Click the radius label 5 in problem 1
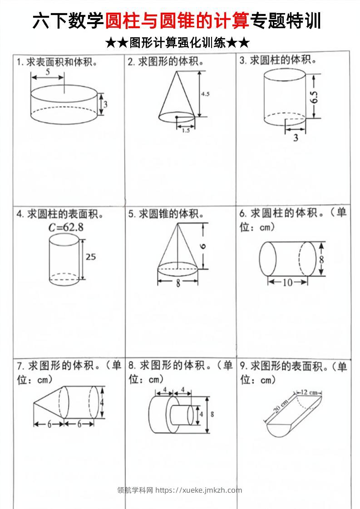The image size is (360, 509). (48, 72)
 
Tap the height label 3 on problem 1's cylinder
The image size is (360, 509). (105, 104)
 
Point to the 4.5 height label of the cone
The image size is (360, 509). (205, 94)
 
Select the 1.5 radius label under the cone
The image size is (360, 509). (186, 131)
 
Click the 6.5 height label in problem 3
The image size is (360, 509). (314, 97)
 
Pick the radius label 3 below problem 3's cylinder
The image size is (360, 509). (296, 138)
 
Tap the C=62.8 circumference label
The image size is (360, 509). (66, 227)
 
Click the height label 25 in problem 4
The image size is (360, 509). (91, 257)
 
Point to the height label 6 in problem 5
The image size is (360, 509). (203, 246)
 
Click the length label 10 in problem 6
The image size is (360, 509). (287, 283)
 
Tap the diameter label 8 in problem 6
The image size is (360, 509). (321, 259)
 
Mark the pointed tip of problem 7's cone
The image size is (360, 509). (34, 403)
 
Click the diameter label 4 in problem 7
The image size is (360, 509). (102, 402)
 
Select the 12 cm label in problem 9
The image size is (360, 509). (309, 392)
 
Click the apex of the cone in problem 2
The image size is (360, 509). (177, 71)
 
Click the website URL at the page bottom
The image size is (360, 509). (198, 490)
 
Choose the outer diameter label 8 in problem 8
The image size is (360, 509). (212, 414)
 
